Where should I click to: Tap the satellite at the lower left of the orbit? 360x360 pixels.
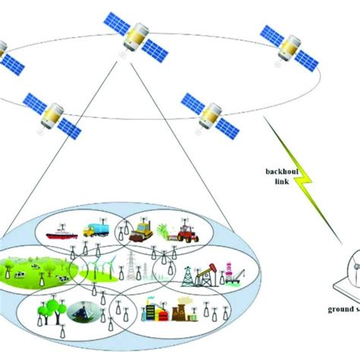click(51, 114)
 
